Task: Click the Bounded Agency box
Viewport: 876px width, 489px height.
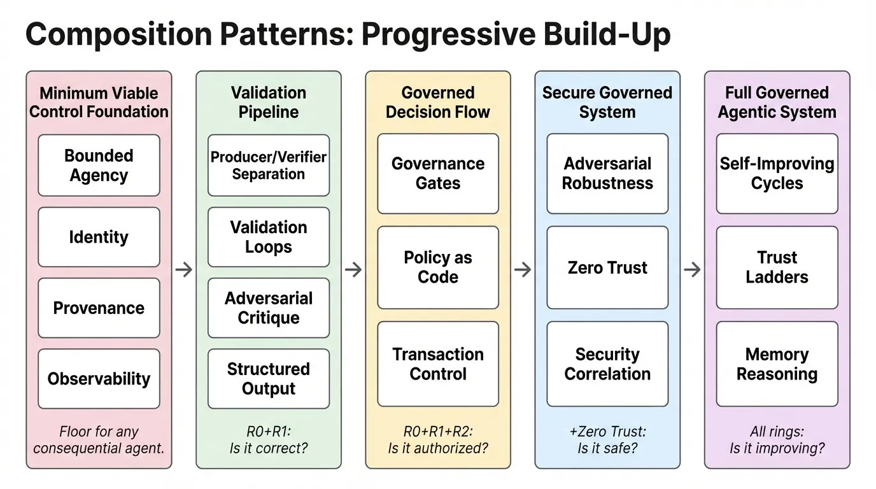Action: pos(99,166)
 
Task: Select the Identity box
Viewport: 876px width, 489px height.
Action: pos(99,237)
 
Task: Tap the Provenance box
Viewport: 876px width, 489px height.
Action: pos(99,308)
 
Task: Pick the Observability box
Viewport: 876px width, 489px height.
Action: pos(99,379)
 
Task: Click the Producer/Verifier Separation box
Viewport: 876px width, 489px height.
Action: pos(269,166)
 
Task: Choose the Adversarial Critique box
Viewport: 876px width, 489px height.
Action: pos(269,308)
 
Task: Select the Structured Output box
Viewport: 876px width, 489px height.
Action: pos(269,379)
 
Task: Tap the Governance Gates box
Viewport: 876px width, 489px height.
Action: pos(438,173)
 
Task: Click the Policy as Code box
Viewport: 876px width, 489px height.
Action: pos(438,267)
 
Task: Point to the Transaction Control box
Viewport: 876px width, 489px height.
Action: pos(438,364)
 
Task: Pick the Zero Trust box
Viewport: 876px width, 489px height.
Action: pos(607,267)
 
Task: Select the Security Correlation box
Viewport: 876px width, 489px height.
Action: pos(607,364)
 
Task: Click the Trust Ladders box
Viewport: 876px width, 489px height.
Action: pos(777,267)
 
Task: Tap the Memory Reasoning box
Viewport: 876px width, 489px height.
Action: pos(777,364)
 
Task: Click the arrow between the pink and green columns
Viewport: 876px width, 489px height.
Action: pos(183,269)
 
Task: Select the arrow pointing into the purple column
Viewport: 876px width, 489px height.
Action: pos(692,269)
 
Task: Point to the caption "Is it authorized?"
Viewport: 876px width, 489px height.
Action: pos(438,448)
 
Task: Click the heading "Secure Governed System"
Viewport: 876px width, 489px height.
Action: pos(607,103)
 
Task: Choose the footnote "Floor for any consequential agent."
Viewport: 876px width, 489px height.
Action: pos(99,439)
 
